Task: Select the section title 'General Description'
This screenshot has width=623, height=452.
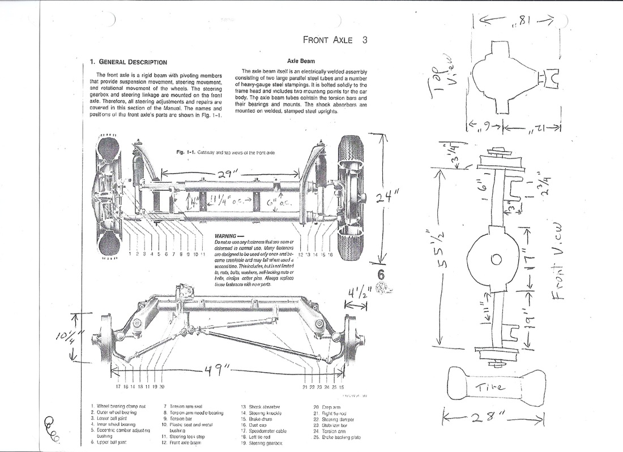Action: pos(129,62)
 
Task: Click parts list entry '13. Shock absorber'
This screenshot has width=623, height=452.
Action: pos(261,407)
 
